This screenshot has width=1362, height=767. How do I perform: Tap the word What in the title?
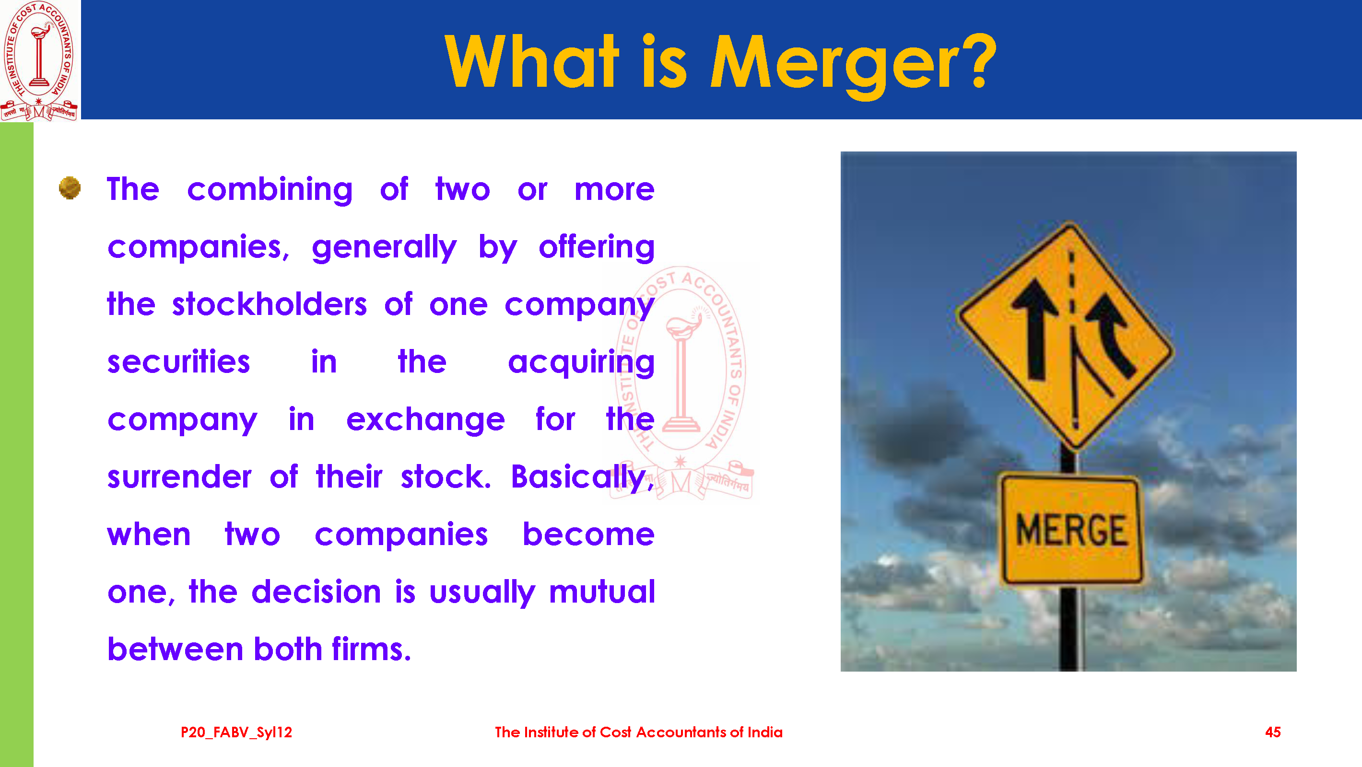(531, 60)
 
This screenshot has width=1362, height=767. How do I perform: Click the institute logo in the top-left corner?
(40, 60)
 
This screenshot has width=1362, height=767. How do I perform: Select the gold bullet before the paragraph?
(70, 187)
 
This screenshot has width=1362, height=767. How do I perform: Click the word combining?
(270, 190)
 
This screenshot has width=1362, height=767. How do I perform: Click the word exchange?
(426, 420)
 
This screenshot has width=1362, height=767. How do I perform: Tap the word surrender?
(179, 477)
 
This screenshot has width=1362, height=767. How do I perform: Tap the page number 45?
(1273, 732)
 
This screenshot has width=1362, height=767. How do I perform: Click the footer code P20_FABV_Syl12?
(236, 732)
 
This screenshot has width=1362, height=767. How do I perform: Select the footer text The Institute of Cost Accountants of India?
(639, 732)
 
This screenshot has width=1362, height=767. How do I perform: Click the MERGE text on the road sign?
(1071, 530)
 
